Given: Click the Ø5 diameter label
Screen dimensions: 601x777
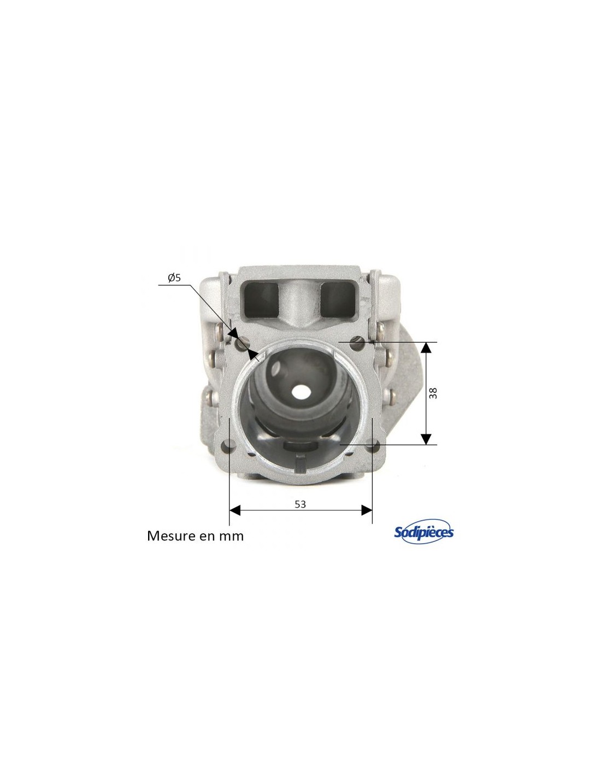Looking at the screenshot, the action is [x=174, y=278].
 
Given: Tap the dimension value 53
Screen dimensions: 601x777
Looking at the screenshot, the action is [x=300, y=504].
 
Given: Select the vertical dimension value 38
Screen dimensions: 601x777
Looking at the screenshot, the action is [x=433, y=393].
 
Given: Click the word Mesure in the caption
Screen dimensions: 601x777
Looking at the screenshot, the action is [x=170, y=536].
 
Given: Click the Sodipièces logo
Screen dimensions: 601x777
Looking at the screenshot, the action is [x=423, y=532].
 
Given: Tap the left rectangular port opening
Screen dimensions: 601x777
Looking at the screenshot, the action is [x=261, y=300].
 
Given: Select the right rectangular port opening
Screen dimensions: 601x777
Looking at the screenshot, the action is [x=337, y=299].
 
